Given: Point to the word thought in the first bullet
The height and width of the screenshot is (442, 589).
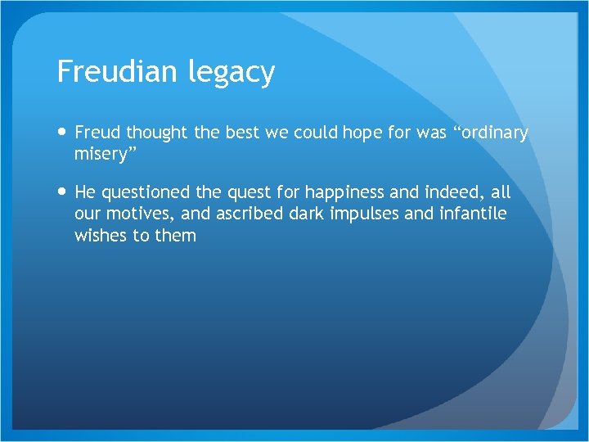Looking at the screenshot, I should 159,133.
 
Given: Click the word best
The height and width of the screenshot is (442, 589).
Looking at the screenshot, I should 241,133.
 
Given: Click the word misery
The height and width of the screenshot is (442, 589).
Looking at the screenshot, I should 102,155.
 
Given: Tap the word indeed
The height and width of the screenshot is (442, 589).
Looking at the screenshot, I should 459,192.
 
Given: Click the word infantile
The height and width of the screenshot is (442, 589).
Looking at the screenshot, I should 477,214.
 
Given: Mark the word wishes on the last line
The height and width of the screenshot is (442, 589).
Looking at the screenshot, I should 101,237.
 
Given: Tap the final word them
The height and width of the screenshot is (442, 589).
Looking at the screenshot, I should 175,237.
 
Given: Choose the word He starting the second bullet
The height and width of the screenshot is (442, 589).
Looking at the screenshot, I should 85,192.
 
